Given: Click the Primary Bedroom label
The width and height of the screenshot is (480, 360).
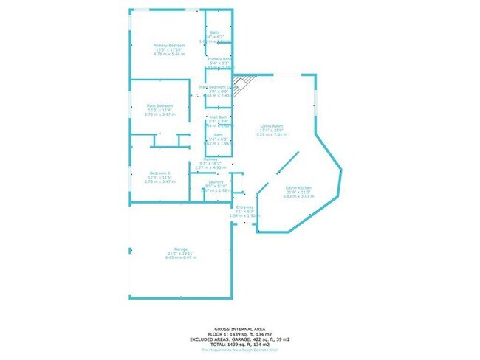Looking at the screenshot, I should (168, 46).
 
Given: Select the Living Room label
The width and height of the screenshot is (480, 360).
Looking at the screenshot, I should (268, 126).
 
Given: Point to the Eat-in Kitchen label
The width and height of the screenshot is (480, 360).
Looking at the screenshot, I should (299, 189).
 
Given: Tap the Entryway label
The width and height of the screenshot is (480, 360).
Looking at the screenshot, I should (244, 207).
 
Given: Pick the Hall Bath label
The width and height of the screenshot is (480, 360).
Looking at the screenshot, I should (219, 117).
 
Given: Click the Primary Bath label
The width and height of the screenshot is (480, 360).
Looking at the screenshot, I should (219, 58).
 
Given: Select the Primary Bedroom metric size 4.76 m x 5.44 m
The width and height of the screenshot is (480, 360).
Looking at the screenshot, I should (168, 55).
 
